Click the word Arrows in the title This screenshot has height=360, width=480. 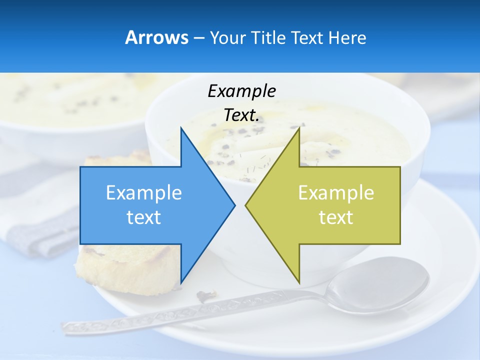click(156, 37)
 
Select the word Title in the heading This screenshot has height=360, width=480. click(268, 37)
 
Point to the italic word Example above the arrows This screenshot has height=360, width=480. click(241, 91)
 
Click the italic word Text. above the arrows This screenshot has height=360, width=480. click(241, 115)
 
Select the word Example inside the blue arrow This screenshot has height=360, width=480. click(144, 193)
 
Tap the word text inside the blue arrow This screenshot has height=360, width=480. click(144, 217)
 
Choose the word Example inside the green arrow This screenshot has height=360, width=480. click(336, 193)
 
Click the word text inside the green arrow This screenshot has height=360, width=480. click(336, 217)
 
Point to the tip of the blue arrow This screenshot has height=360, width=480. click(234, 205)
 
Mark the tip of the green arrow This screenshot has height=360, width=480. click(246, 205)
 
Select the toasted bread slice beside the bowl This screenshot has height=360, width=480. click(125, 267)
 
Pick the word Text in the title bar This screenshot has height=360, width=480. click(306, 37)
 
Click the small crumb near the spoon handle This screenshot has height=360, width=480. click(205, 295)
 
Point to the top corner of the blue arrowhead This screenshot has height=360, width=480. click(181, 128)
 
